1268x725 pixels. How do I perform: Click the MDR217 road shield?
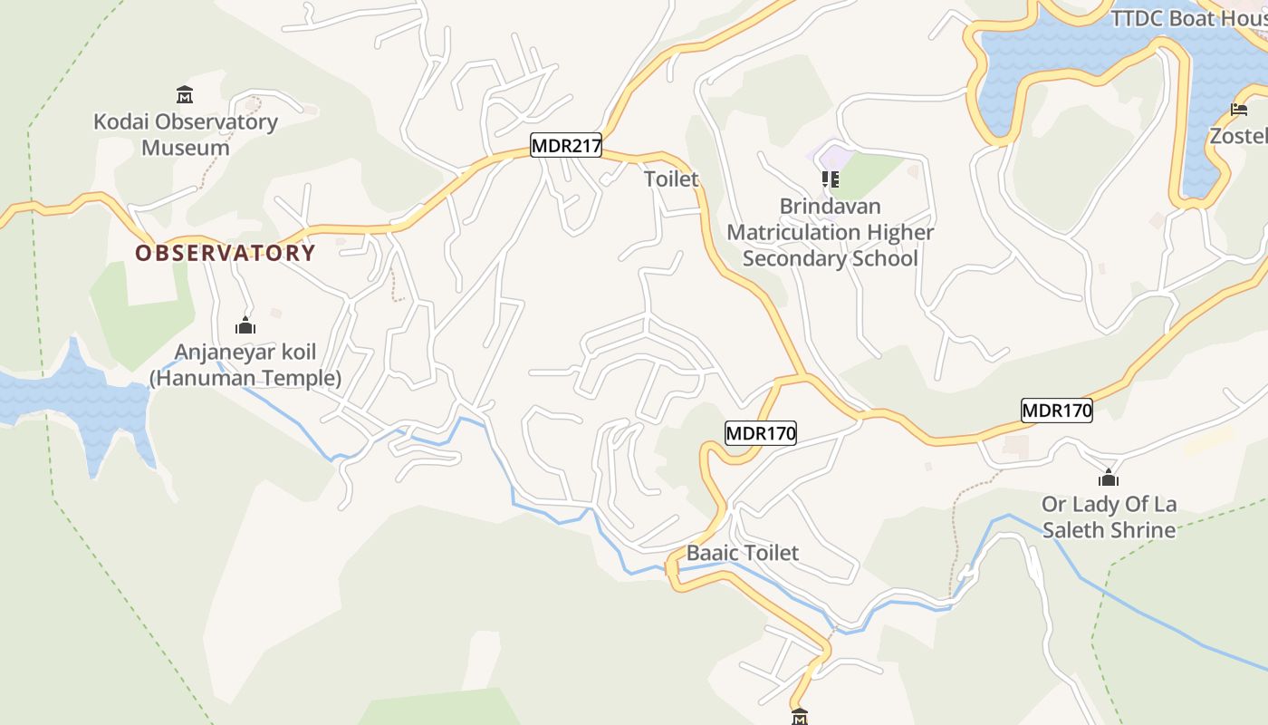(566, 145)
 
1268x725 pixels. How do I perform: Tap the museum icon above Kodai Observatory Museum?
(185, 94)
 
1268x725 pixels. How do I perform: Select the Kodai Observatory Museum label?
(186, 134)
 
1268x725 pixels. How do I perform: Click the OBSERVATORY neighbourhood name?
(226, 253)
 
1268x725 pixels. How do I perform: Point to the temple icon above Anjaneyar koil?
(245, 325)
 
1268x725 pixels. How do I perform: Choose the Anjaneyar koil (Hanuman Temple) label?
(245, 365)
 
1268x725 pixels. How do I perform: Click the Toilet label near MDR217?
(671, 179)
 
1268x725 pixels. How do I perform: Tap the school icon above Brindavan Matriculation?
(830, 179)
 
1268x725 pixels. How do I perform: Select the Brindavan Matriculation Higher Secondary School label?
(830, 232)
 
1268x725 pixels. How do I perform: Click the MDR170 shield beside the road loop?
(761, 434)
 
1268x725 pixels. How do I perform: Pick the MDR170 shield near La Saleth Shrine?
(1057, 411)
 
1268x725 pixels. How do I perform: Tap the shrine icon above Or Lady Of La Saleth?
(1108, 478)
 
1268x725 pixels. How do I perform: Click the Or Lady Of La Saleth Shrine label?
(1109, 517)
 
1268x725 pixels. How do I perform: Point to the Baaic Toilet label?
(743, 553)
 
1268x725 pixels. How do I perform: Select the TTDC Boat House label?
(1188, 18)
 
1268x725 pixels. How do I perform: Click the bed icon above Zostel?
(1239, 110)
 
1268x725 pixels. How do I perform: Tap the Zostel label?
(1239, 136)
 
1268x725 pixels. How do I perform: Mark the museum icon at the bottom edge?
(799, 717)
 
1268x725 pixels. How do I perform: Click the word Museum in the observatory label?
(186, 148)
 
